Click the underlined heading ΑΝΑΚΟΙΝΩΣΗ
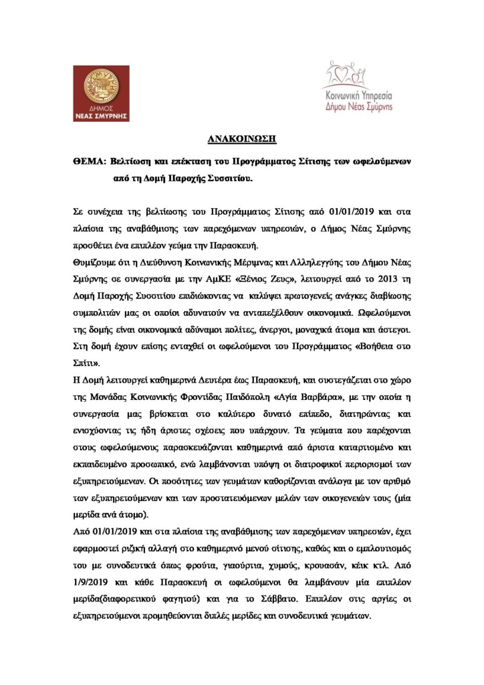click(242, 140)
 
